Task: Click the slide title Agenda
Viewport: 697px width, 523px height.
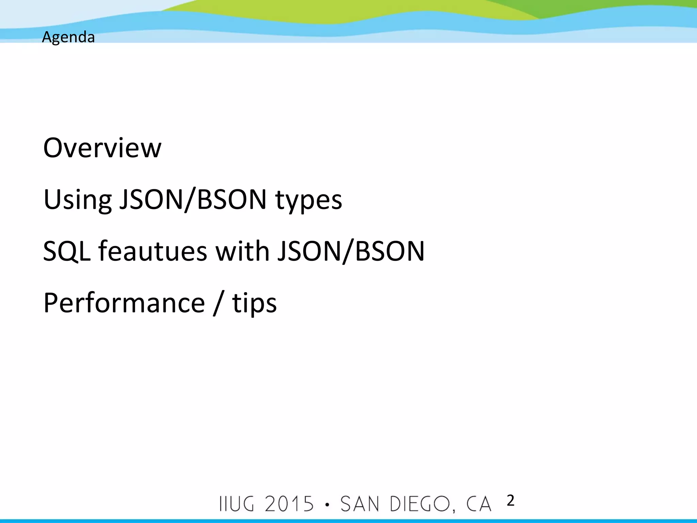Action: pyautogui.click(x=68, y=37)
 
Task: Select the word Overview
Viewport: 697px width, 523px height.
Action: pyautogui.click(x=102, y=148)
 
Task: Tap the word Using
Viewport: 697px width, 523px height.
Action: pyautogui.click(x=78, y=200)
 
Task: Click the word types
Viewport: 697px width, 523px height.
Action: pyautogui.click(x=308, y=200)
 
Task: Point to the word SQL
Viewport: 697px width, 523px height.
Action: pyautogui.click(x=67, y=251)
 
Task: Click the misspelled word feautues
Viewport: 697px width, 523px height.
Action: pyautogui.click(x=153, y=251)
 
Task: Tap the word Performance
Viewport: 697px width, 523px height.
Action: pyautogui.click(x=124, y=303)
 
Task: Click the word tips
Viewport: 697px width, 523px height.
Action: pyautogui.click(x=254, y=303)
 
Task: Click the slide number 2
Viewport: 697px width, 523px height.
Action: pyautogui.click(x=510, y=501)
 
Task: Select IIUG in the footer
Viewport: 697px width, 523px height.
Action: pyautogui.click(x=237, y=504)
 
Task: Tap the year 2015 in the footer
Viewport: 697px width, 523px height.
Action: pyautogui.click(x=289, y=504)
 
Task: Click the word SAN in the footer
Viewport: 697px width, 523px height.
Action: pyautogui.click(x=360, y=504)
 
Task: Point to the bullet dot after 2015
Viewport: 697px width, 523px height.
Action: pyautogui.click(x=327, y=505)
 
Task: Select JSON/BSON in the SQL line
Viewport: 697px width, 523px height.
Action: pyautogui.click(x=351, y=251)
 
